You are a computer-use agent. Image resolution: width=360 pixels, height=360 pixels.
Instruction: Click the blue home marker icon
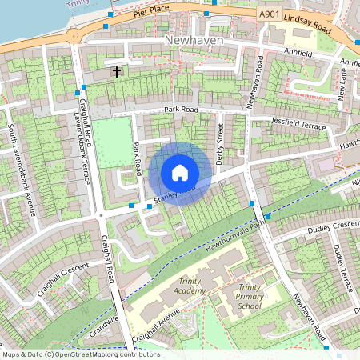pyautogui.click(x=180, y=172)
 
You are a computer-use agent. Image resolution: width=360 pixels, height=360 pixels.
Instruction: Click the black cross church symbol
pyautogui.click(x=117, y=72)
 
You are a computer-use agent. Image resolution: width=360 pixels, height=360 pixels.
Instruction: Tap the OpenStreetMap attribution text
pyautogui.click(x=80, y=354)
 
